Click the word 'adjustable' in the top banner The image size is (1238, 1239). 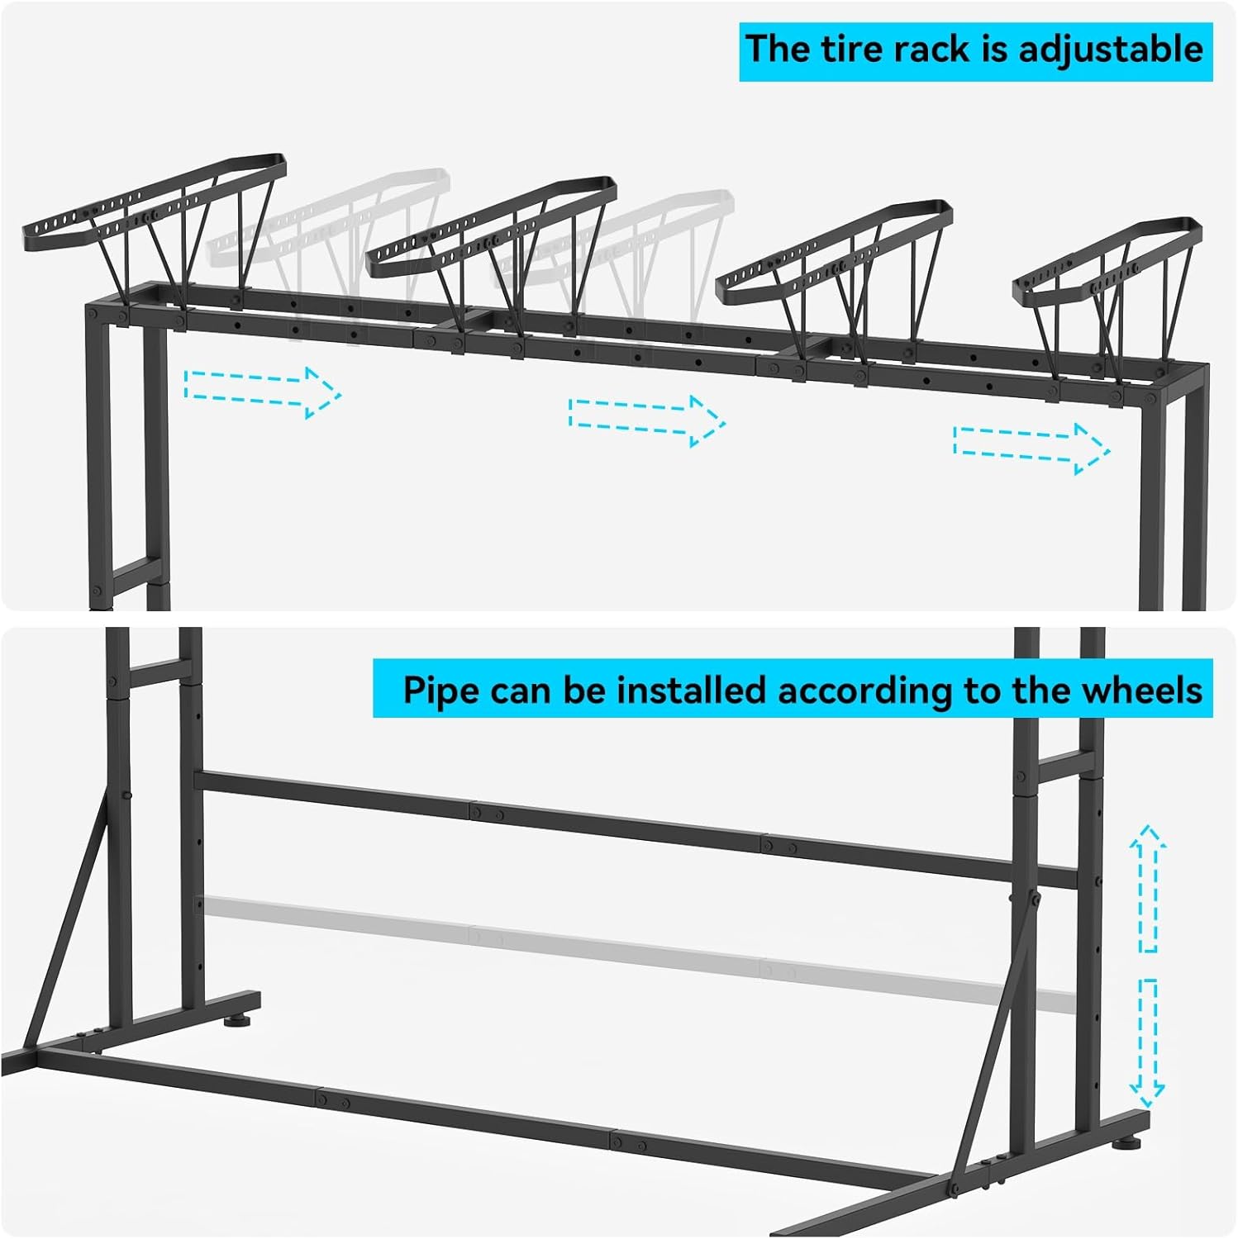click(x=1111, y=50)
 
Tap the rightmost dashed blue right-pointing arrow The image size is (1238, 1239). click(x=1031, y=449)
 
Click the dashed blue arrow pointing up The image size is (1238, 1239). click(x=1148, y=887)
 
